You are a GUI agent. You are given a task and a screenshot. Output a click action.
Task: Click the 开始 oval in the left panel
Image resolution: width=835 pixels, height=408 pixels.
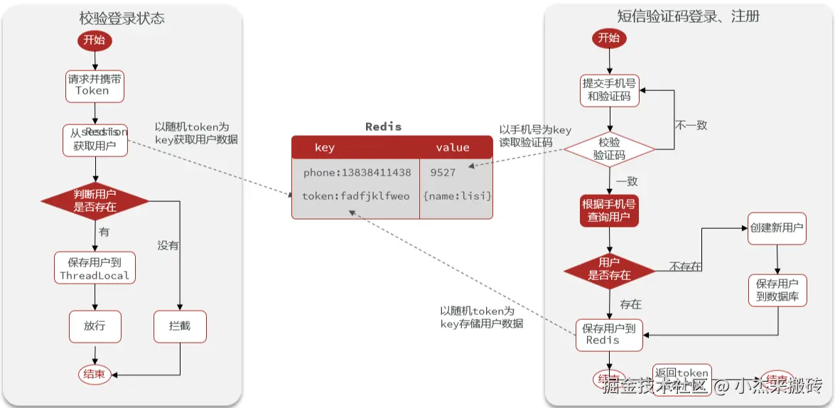(94, 40)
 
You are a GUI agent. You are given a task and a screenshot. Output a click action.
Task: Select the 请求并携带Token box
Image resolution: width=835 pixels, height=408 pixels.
(94, 85)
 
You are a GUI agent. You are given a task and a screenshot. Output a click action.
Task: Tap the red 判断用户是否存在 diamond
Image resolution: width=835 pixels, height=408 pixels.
(95, 201)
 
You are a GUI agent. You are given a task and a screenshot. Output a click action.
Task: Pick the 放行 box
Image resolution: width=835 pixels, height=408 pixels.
(95, 326)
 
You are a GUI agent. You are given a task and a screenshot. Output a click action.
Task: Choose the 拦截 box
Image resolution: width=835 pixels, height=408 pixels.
(179, 326)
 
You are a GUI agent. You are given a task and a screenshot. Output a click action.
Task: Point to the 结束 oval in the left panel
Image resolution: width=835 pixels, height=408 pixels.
(95, 374)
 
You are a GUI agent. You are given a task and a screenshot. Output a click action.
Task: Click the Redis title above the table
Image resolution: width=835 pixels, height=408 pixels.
(383, 127)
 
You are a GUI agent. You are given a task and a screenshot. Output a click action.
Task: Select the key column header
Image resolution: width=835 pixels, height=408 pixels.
(324, 147)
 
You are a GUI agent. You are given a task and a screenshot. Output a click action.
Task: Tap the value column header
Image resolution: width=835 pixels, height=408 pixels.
(453, 147)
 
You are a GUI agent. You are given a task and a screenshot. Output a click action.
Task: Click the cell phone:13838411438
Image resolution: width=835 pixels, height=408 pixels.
(357, 173)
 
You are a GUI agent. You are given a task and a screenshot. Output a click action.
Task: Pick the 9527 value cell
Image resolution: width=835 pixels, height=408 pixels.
(443, 173)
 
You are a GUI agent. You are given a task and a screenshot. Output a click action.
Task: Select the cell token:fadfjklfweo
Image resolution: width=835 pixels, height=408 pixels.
(355, 195)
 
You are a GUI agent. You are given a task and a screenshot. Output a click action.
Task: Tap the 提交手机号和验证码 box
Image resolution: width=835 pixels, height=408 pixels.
(609, 90)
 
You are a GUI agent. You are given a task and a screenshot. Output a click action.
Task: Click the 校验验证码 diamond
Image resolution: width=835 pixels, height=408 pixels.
(609, 149)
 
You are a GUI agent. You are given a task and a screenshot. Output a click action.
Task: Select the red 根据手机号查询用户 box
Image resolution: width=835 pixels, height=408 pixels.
(609, 210)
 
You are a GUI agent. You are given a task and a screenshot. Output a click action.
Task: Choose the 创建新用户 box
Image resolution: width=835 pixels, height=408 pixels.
(777, 229)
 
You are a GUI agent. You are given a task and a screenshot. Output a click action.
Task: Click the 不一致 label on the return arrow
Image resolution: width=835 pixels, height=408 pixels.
(691, 125)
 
